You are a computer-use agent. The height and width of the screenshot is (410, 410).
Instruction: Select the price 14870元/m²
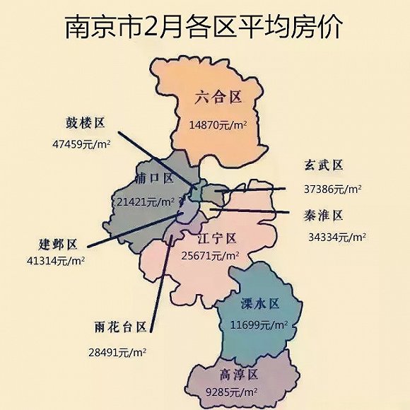217,124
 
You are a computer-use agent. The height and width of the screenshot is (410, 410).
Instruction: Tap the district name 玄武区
324,165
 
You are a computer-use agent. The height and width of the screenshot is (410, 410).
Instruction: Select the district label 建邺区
58,245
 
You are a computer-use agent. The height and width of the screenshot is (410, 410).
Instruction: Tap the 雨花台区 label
120,327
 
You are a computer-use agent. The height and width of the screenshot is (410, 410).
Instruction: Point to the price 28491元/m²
117,351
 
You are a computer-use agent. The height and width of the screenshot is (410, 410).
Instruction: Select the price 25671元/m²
211,254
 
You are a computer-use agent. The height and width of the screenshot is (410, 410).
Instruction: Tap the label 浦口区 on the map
153,178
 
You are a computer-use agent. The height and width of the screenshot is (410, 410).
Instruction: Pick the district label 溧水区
260,304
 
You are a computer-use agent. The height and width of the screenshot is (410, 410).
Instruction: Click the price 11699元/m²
259,324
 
